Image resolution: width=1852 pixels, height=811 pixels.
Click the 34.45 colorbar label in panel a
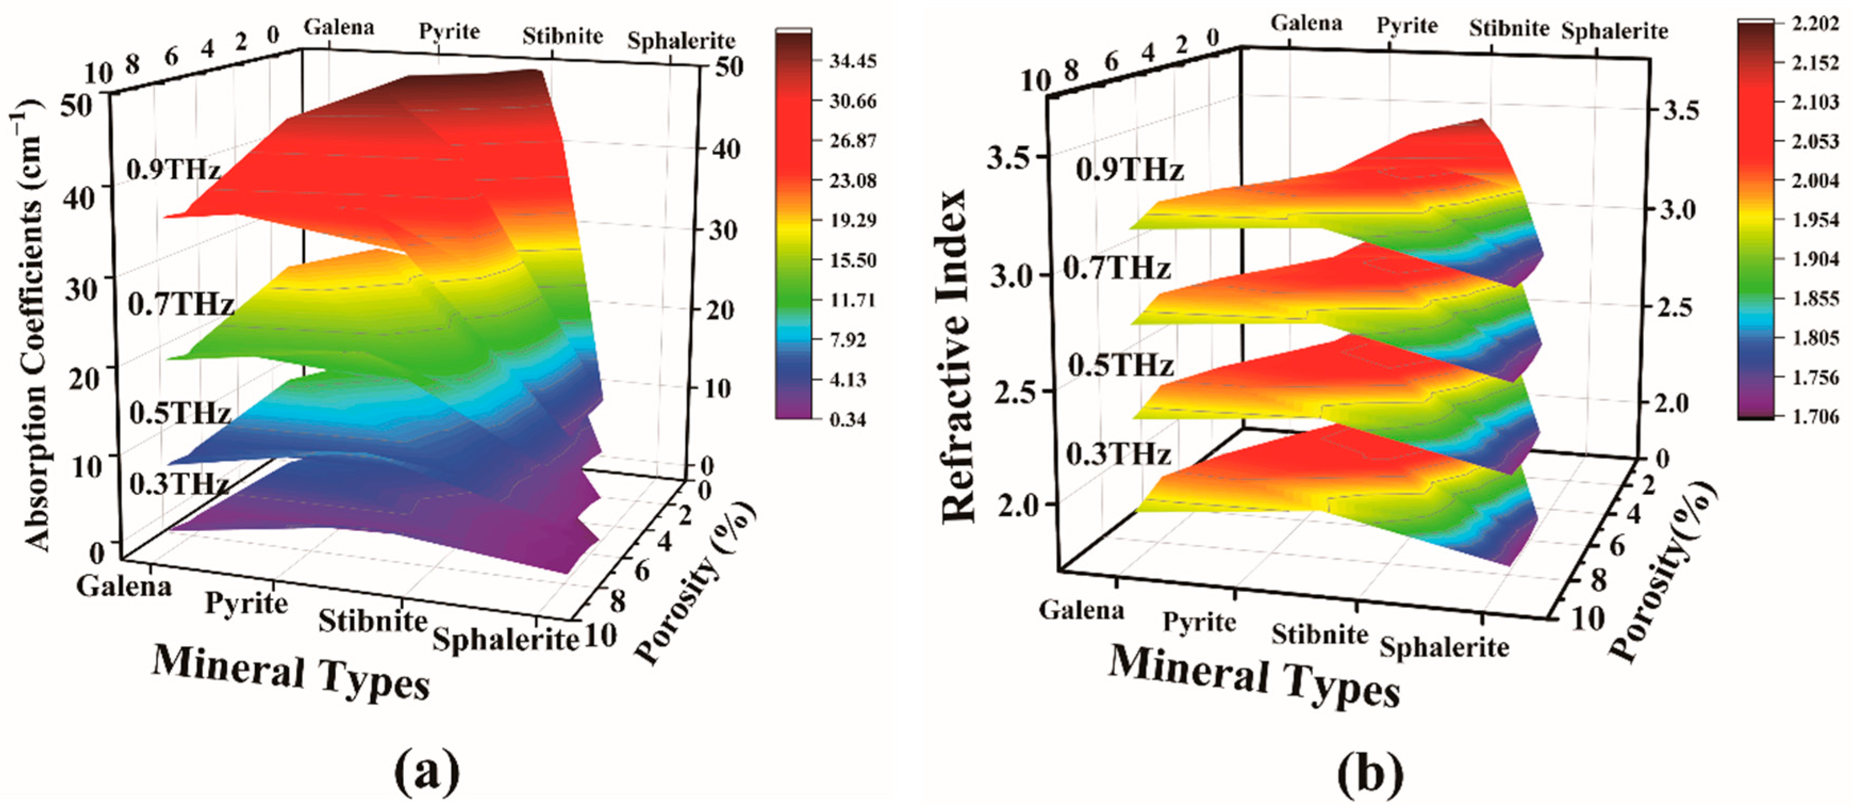point(853,62)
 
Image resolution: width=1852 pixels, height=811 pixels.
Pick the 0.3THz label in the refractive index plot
point(1118,454)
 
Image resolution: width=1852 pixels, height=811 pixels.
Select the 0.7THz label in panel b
point(1117,269)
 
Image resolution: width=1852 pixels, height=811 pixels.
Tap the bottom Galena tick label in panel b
point(1081,610)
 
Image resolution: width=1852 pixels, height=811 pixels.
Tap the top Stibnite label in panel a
point(562,36)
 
